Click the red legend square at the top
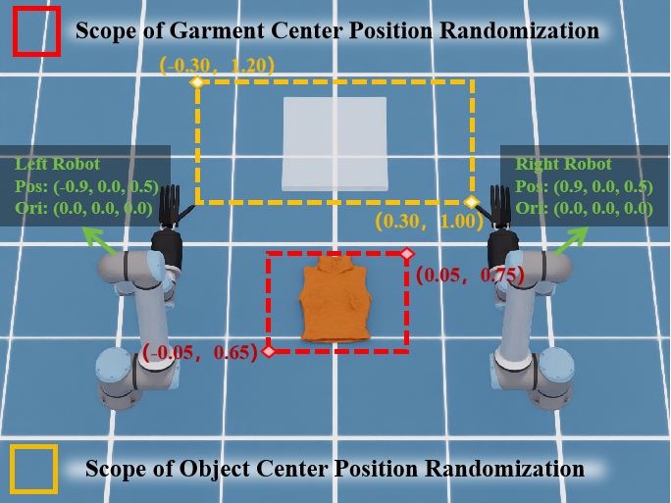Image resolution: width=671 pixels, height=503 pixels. (x=36, y=30)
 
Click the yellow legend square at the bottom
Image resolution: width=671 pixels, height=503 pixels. (x=33, y=469)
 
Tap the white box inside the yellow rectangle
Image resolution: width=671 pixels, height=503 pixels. (x=335, y=143)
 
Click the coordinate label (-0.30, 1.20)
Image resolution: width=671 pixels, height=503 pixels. (x=217, y=66)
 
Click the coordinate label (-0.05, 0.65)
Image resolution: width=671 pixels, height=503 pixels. (x=200, y=352)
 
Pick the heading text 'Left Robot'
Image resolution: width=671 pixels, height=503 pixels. (x=58, y=164)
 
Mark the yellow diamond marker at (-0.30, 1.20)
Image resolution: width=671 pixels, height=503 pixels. (x=197, y=82)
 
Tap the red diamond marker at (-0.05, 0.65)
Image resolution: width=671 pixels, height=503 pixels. (x=268, y=349)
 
